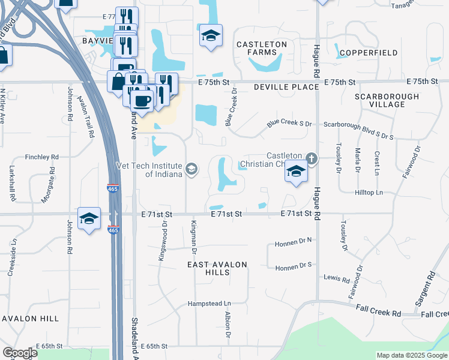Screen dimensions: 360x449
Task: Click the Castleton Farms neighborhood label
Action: (262, 49)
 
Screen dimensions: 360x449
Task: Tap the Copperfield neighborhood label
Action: (369, 53)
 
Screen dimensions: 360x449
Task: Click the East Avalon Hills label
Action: (217, 268)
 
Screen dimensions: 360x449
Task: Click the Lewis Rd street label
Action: (337, 279)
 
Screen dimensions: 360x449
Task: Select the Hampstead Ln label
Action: (209, 304)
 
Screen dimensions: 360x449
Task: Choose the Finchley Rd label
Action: (42, 157)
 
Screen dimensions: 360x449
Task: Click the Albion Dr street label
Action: (228, 324)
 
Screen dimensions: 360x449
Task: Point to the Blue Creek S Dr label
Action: (291, 124)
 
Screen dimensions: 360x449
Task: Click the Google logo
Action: (20, 353)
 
